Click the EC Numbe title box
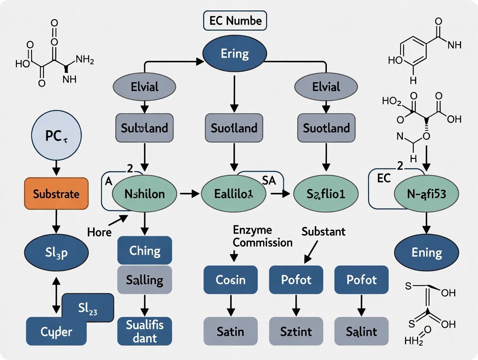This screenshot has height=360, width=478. tap(235, 20)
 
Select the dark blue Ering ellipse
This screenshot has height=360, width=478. tap(234, 54)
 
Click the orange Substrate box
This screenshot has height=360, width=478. tap(56, 193)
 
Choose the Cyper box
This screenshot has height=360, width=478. tap(56, 331)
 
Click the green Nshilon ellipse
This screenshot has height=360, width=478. tap(145, 194)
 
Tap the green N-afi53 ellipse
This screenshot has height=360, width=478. tap(427, 194)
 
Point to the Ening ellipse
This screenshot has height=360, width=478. tap(427, 253)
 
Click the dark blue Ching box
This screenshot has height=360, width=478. tap(145, 250)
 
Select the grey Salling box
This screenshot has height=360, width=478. tap(145, 280)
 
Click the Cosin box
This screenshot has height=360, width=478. tap(230, 280)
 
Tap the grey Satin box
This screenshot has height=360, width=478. tap(230, 332)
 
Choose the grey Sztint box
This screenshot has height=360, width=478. tap(296, 332)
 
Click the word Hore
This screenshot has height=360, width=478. tap(99, 232)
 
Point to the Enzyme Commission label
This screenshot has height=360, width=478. tap(262, 236)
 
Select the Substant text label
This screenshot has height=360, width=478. tap(323, 231)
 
